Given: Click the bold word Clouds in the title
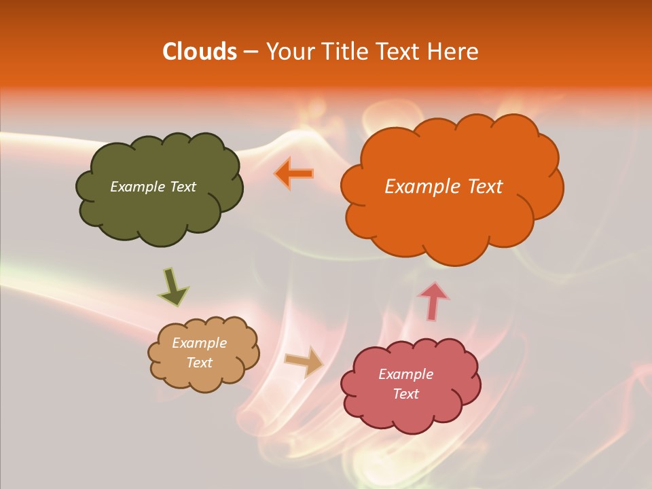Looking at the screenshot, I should tap(200, 52).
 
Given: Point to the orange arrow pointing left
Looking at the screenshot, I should tap(294, 173).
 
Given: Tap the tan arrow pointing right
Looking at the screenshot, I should tap(304, 361).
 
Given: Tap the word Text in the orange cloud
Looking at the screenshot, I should tap(484, 187).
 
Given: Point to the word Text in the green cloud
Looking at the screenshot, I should tap(181, 187).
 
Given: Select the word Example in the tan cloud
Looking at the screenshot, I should tap(199, 343).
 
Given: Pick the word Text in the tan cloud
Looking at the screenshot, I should tap(199, 363).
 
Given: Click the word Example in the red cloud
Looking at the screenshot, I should tap(405, 374).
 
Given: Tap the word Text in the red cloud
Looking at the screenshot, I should tap(405, 394).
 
